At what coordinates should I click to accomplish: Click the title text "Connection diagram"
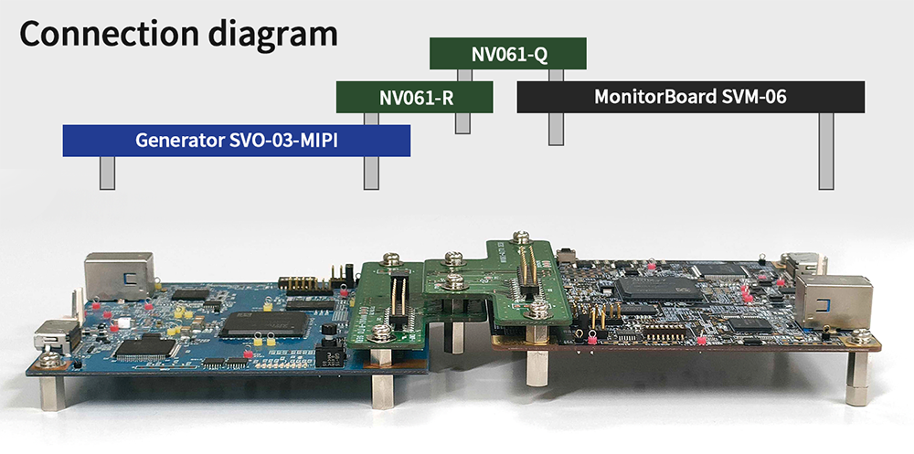pyautogui.click(x=179, y=34)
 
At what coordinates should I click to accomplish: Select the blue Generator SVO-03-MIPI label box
pyautogui.click(x=236, y=140)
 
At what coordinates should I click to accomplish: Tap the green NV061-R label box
pyautogui.click(x=415, y=97)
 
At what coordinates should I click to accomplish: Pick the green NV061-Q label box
pyautogui.click(x=508, y=54)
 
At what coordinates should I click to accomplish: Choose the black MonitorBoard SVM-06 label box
pyautogui.click(x=690, y=97)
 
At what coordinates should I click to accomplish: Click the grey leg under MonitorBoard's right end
pyautogui.click(x=826, y=151)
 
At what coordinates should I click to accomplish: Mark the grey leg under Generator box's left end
pyautogui.click(x=107, y=173)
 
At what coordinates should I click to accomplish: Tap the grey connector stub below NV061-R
pyautogui.click(x=462, y=122)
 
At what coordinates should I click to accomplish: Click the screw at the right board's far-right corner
pyautogui.click(x=859, y=339)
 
